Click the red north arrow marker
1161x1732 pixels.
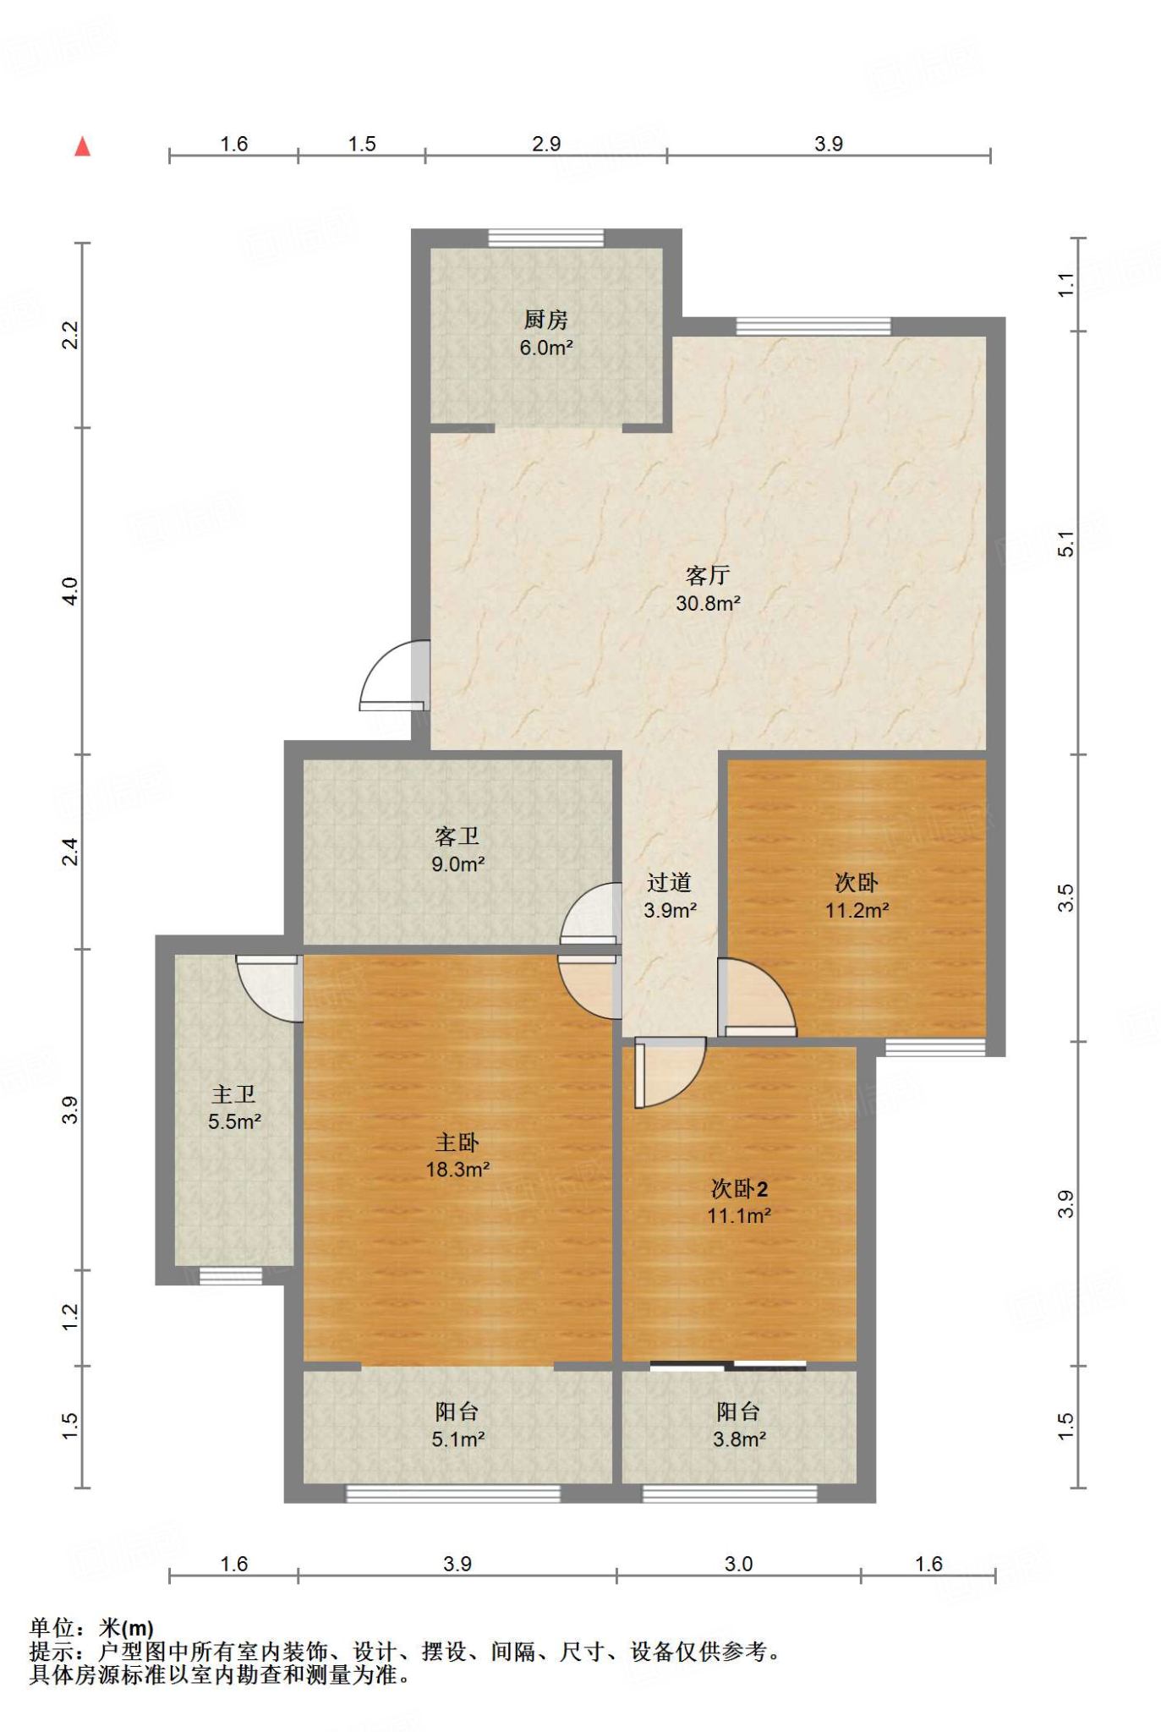click(82, 146)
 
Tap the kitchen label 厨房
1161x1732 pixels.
click(545, 320)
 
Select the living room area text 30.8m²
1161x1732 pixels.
click(708, 603)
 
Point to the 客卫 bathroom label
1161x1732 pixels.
click(457, 836)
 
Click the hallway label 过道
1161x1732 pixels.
click(669, 883)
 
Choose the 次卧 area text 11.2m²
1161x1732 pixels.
click(857, 910)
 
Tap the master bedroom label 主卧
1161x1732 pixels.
click(457, 1143)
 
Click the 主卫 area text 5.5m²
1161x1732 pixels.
click(234, 1121)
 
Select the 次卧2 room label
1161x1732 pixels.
click(739, 1189)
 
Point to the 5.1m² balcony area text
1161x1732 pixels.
click(457, 1439)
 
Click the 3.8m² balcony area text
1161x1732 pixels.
click(739, 1439)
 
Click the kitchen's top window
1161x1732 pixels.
click(546, 238)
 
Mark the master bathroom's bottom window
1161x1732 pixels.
click(231, 1276)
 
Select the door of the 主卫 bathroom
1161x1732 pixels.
click(269, 989)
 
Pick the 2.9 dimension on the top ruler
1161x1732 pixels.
click(546, 144)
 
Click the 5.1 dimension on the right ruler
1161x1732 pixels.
click(1066, 543)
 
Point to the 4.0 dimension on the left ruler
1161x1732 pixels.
click(70, 591)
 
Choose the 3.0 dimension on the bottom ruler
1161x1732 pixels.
click(738, 1564)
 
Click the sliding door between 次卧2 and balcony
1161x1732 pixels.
click(728, 1364)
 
